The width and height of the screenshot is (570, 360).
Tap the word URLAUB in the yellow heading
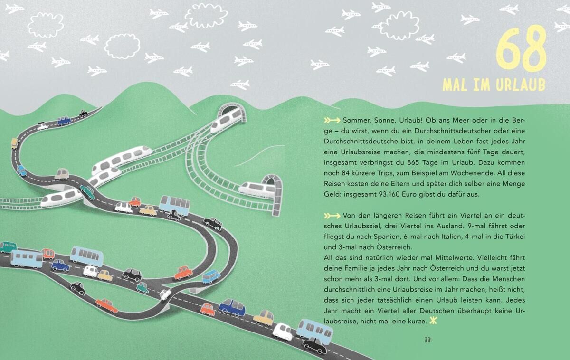[521, 85]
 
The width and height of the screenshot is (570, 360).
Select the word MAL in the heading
[456, 85]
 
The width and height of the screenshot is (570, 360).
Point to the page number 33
[427, 340]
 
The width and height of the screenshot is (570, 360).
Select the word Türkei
[515, 237]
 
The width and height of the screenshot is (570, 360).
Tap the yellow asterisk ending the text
[433, 321]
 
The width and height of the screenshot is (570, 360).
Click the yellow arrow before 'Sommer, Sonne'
[332, 120]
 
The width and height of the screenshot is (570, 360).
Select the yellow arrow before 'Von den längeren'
[332, 216]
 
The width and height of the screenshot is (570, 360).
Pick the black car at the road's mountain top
[83, 113]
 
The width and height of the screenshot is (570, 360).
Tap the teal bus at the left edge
[8, 247]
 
